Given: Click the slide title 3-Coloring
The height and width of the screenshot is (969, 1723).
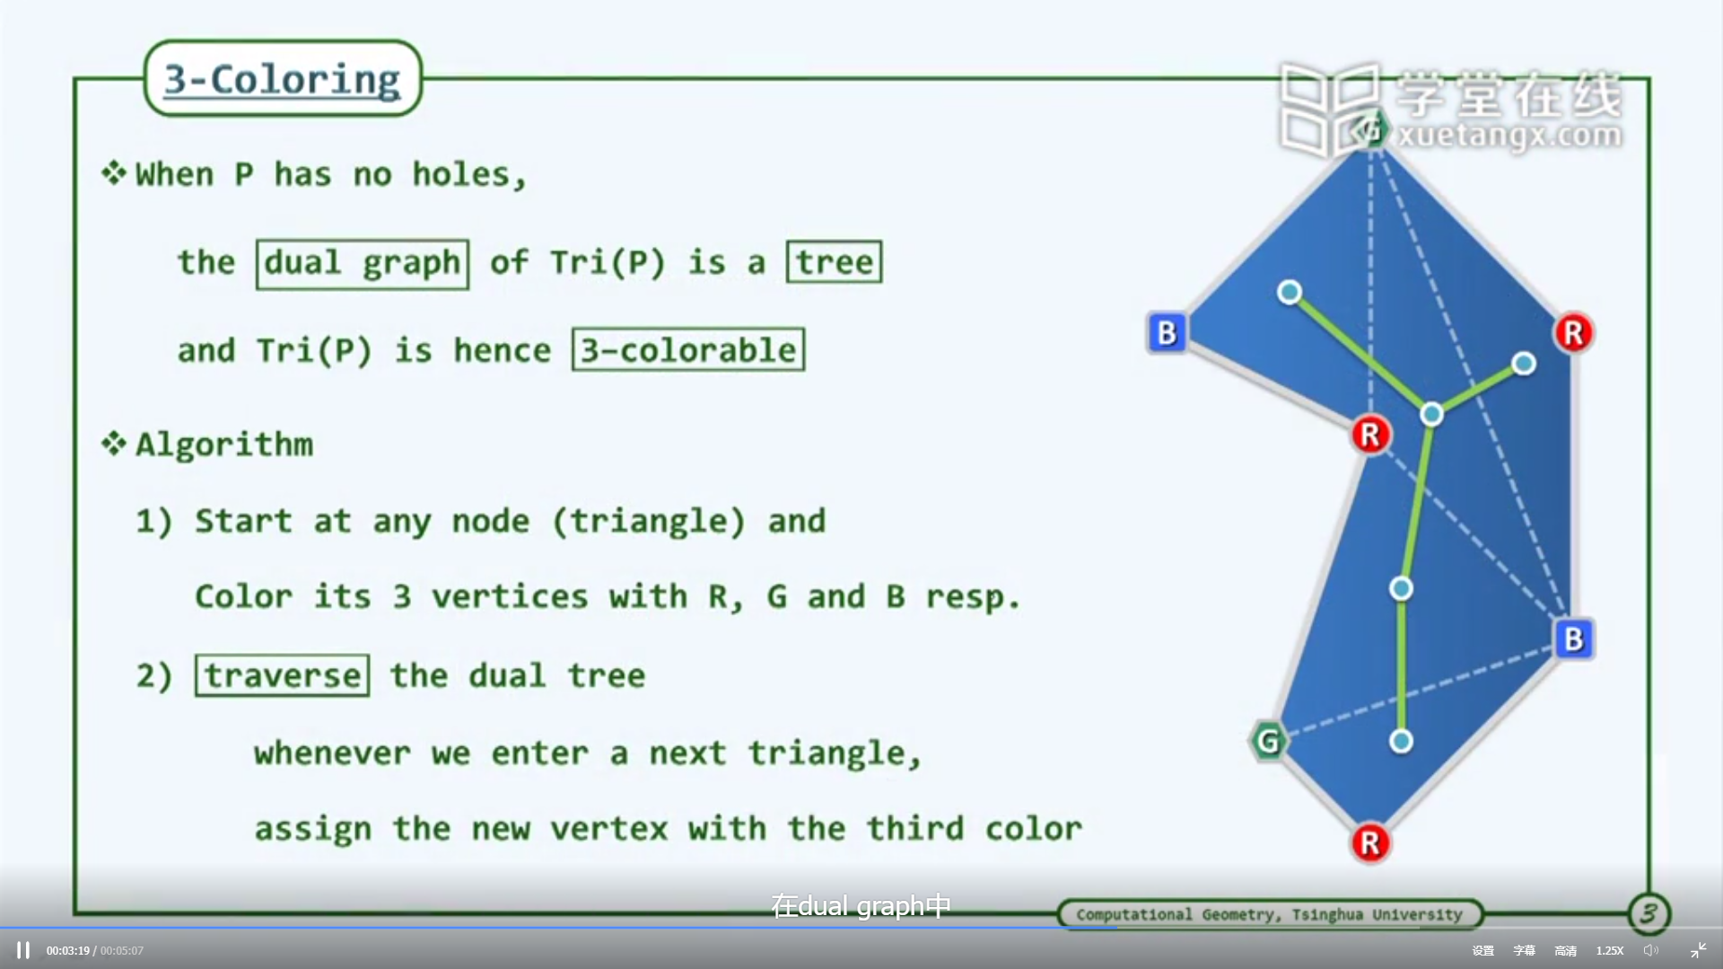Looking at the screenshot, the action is (x=282, y=79).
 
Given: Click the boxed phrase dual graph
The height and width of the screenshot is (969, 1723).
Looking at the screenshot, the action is (x=363, y=264).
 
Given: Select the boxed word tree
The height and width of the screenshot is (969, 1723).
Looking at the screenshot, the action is (x=835, y=262).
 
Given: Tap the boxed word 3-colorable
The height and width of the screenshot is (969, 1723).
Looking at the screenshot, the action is (x=688, y=349).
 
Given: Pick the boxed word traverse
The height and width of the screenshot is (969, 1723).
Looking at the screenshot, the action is (x=283, y=675).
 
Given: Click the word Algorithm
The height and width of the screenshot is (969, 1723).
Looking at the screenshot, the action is (x=224, y=445).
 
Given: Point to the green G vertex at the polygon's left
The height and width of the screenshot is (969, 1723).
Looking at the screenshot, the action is (x=1268, y=741).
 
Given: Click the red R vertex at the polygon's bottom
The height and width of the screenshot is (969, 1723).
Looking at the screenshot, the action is (x=1370, y=843).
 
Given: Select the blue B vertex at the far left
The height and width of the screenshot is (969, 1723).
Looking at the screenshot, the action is (x=1168, y=333).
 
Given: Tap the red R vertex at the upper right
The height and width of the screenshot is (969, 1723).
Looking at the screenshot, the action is (x=1573, y=333).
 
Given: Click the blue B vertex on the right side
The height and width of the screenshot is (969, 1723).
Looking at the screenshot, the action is (x=1573, y=639).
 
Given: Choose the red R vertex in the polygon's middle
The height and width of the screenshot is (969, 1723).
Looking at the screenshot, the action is (x=1370, y=435).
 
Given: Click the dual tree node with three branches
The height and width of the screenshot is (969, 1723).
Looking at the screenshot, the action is (x=1432, y=414).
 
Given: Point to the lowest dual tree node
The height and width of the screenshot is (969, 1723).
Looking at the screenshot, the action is (x=1401, y=741).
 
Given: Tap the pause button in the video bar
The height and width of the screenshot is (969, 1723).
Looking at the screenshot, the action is (x=23, y=950).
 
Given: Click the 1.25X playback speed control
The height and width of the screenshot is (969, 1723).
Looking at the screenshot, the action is (x=1610, y=950).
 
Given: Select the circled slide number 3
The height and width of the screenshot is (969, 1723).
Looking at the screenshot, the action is (x=1649, y=914).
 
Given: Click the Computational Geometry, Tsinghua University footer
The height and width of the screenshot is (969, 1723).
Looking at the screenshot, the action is (x=1269, y=914).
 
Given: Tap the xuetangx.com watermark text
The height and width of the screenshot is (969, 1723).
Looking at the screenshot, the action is (x=1510, y=136).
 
